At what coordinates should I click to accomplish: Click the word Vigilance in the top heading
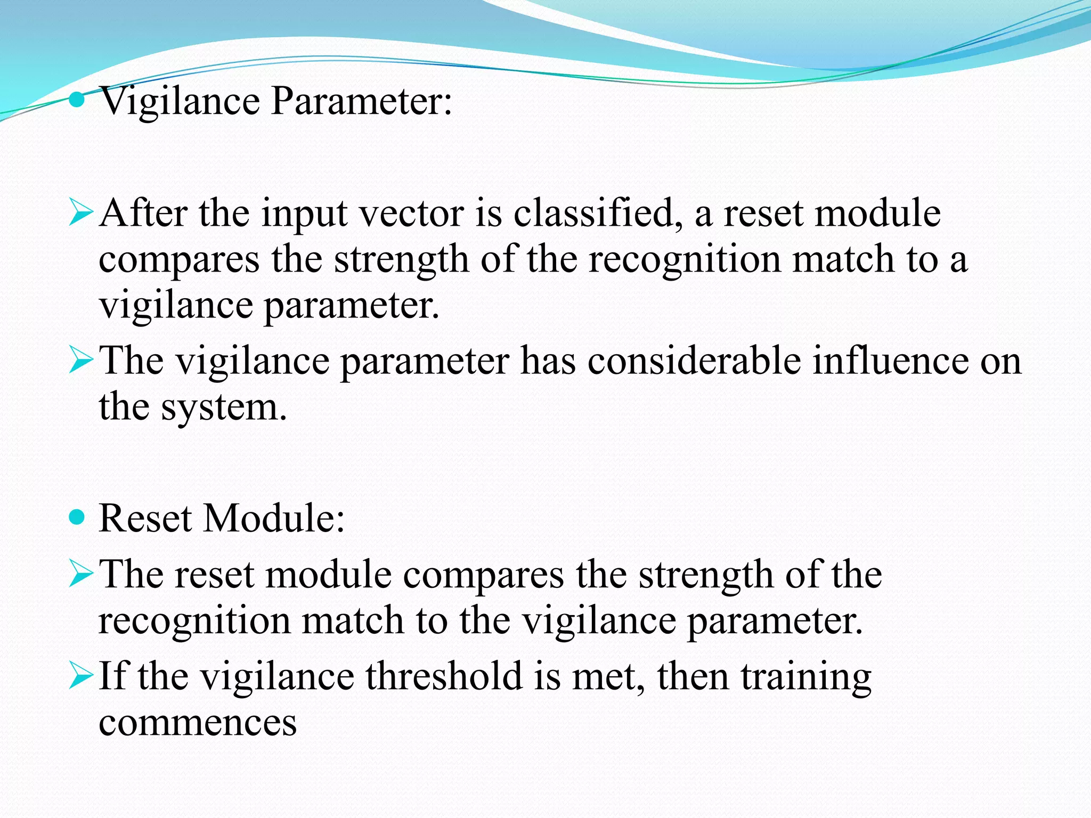click(180, 101)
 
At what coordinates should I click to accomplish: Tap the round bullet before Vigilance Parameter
click(77, 100)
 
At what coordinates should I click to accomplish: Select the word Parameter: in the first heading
click(361, 101)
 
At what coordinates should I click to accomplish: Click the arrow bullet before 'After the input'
click(81, 214)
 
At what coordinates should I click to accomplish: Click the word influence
click(890, 361)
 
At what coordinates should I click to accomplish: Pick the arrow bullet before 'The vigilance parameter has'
click(81, 361)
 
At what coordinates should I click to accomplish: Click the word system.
click(224, 408)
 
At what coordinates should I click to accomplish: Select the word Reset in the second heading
click(145, 518)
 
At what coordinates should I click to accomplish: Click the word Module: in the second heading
click(274, 518)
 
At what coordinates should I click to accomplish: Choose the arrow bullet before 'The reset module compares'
click(81, 575)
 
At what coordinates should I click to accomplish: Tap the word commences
click(198, 723)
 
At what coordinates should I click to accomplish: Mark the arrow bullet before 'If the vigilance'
click(81, 676)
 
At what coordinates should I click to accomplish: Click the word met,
click(608, 676)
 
